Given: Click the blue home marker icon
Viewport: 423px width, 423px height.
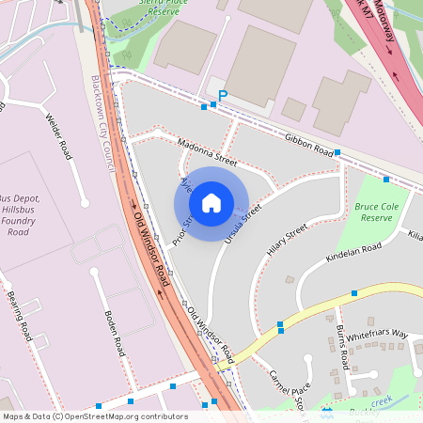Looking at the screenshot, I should [x=211, y=202].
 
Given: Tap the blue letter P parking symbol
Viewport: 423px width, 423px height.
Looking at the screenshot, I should [x=223, y=95].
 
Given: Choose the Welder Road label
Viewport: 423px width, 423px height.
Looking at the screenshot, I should [x=58, y=135].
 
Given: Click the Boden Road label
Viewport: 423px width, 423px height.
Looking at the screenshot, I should [x=114, y=332].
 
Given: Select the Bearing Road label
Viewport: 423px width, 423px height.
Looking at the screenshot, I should [x=19, y=319].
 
